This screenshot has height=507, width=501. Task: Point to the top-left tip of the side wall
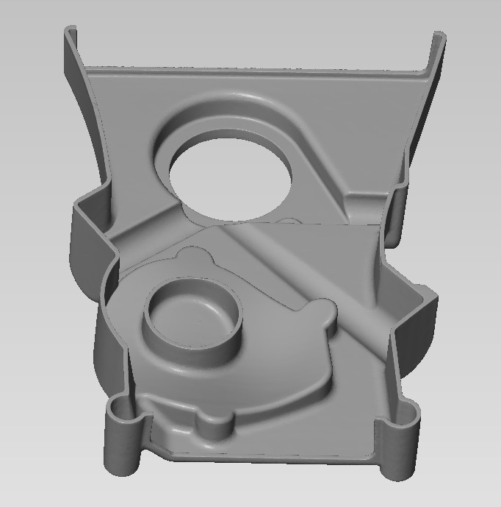pos(71,30)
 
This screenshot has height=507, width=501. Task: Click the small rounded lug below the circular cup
pos(213,425)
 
